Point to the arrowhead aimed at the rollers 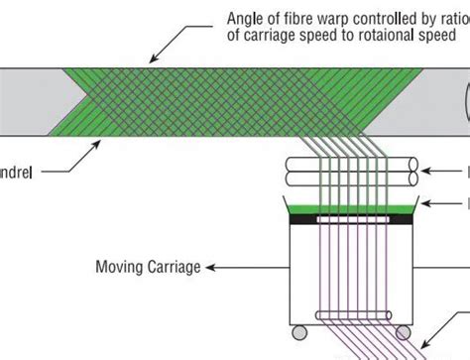[x=427, y=171]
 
